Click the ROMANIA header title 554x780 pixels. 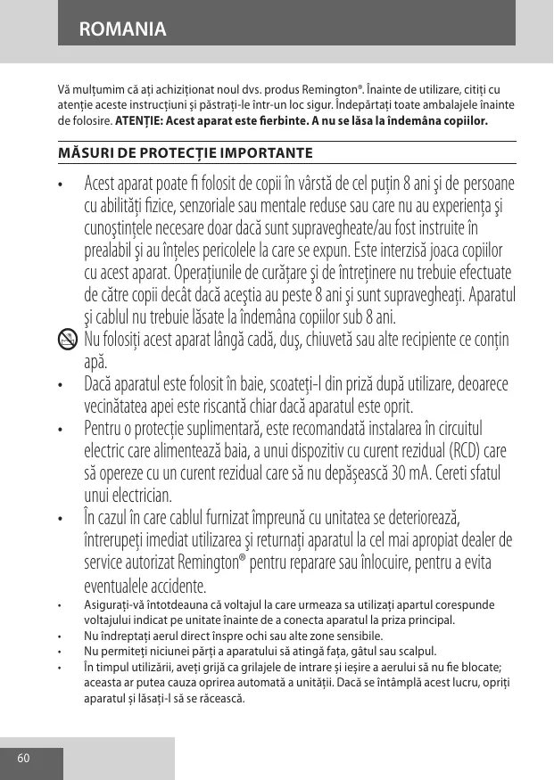coord(122,29)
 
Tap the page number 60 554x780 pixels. coord(23,759)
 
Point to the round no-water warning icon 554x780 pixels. coord(68,340)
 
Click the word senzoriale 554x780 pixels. coord(232,207)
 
